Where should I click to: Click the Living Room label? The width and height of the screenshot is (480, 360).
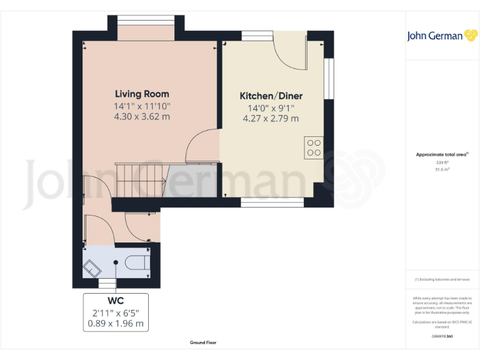click(x=142, y=94)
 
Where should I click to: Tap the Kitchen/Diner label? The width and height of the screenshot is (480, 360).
click(x=271, y=96)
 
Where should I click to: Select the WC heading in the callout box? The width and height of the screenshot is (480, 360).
click(x=116, y=301)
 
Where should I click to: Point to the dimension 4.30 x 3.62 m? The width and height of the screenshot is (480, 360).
click(x=142, y=116)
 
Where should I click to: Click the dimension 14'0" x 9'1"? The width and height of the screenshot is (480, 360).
click(x=271, y=107)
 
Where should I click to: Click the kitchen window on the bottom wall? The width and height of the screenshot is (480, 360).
click(x=272, y=202)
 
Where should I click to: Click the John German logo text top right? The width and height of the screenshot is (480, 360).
click(x=434, y=36)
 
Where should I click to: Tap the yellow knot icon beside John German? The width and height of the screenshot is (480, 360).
click(x=471, y=36)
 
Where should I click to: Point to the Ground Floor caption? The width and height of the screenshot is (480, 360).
click(x=203, y=342)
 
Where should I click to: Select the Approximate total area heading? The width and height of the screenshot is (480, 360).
click(x=441, y=154)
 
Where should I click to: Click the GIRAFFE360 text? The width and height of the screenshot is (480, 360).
click(x=442, y=336)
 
